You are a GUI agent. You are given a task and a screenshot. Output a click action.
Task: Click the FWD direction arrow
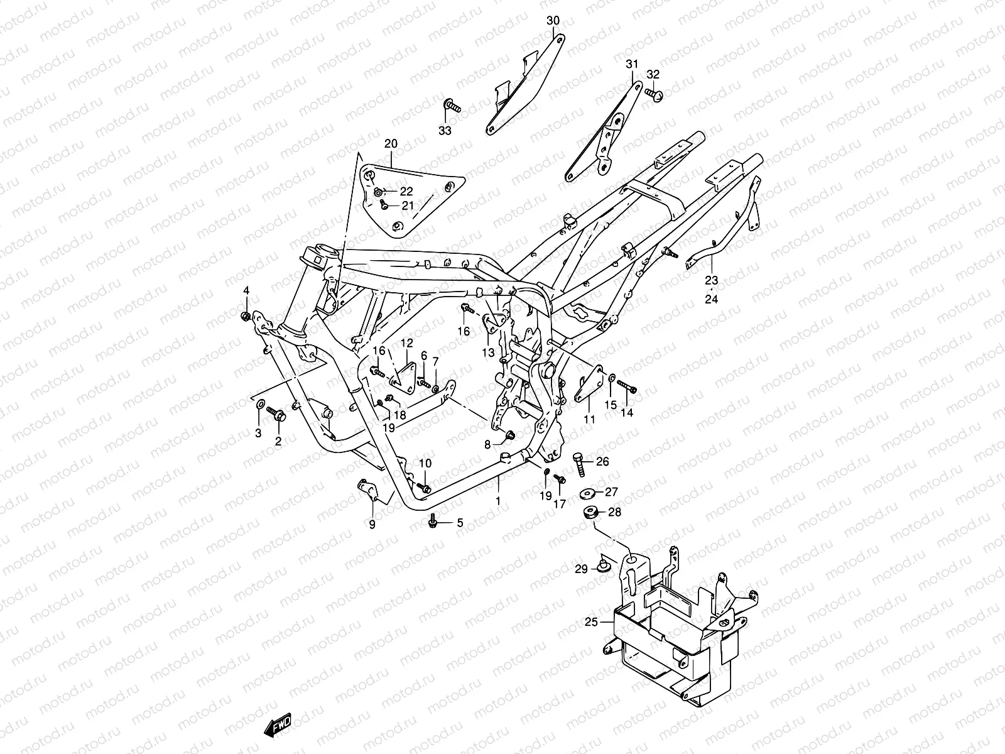[278, 724]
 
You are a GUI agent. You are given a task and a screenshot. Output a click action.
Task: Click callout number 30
[553, 21]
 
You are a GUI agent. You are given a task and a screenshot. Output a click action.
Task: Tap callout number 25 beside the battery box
[592, 622]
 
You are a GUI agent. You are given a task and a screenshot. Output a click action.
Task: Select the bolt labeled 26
[579, 464]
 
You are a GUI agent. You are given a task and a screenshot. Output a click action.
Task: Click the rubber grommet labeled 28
[591, 512]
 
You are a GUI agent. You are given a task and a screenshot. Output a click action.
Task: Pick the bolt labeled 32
[655, 94]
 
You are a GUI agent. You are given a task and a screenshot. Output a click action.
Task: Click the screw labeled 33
[452, 106]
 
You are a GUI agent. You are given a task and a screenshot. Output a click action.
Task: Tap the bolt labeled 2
[276, 414]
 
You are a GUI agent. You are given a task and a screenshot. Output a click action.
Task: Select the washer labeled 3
[259, 405]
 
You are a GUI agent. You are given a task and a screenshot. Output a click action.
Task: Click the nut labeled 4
[246, 316]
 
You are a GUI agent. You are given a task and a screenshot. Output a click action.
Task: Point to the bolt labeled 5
[432, 521]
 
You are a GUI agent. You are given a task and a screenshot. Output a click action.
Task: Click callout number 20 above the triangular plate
[391, 144]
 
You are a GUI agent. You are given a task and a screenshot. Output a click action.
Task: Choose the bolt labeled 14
[627, 386]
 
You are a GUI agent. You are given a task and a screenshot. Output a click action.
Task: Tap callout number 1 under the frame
[498, 501]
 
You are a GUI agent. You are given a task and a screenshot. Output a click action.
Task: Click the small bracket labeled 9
[369, 490]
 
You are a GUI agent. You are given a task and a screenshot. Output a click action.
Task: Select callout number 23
[712, 280]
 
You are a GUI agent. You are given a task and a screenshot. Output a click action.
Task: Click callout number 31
[632, 64]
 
